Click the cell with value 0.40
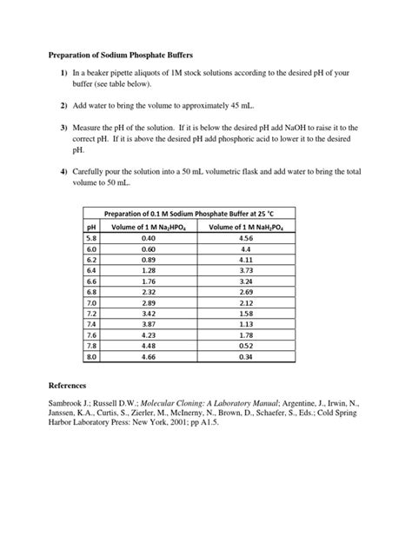click(x=149, y=236)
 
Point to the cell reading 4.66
click(x=149, y=356)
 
